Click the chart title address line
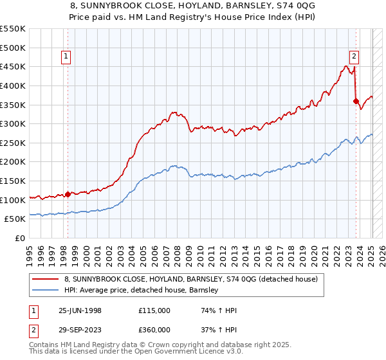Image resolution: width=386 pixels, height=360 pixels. pyautogui.click(x=193, y=5)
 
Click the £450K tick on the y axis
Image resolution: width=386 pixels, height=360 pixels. pyautogui.click(x=13, y=66)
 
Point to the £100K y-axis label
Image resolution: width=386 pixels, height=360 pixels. pyautogui.click(x=13, y=200)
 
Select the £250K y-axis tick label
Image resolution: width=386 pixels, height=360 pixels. pyautogui.click(x=13, y=143)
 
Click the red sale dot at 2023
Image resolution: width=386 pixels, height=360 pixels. pyautogui.click(x=356, y=101)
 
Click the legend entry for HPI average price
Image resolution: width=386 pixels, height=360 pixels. pyautogui.click(x=141, y=290)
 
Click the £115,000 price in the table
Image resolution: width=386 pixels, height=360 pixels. pyautogui.click(x=154, y=310)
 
